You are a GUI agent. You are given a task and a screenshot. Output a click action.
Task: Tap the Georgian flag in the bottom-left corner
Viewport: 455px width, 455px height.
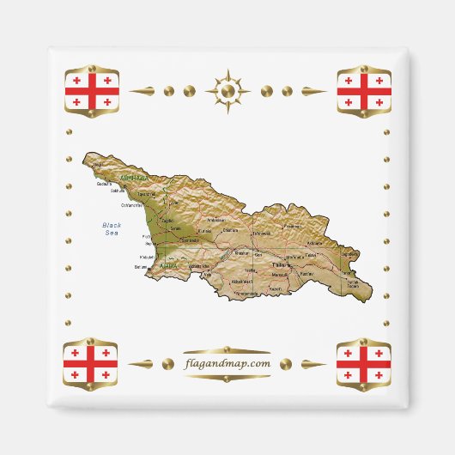[91, 363]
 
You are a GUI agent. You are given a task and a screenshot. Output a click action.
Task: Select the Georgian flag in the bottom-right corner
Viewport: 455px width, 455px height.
[364, 363]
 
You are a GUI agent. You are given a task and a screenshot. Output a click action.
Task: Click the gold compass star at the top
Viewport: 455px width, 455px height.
[227, 89]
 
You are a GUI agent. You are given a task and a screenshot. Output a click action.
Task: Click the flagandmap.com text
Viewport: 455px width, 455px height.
[227, 363]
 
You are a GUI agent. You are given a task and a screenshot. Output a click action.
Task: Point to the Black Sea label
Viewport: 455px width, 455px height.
[112, 228]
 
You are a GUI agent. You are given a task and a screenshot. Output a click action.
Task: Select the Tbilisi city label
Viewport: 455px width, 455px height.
[279, 265]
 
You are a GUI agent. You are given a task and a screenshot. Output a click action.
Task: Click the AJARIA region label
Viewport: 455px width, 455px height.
[167, 266]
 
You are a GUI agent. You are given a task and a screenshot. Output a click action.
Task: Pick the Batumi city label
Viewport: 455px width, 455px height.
[142, 266]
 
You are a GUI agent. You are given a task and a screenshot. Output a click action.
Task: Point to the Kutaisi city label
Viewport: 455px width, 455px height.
[204, 231]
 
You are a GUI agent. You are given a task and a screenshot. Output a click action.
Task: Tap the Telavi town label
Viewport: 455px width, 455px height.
[311, 255]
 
